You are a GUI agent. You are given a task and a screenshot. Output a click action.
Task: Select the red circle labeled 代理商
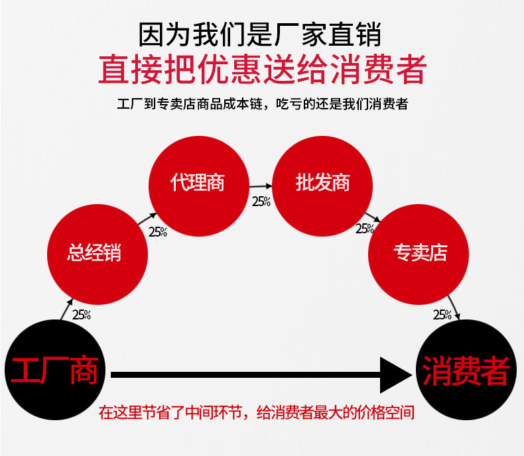(198, 183)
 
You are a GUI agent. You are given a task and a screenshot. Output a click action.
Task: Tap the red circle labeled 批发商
(322, 183)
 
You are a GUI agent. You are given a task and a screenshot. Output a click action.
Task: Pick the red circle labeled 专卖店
(420, 253)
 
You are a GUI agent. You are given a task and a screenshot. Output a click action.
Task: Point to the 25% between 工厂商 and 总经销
(82, 315)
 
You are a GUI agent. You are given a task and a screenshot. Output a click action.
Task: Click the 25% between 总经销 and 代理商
(157, 232)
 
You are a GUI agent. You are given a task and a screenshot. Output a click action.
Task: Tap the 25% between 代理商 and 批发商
(261, 201)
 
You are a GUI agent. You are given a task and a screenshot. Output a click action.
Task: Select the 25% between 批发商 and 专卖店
(365, 229)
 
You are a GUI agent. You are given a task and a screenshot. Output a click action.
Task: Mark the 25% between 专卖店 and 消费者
(442, 315)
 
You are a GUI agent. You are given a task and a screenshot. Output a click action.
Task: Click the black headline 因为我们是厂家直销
(261, 34)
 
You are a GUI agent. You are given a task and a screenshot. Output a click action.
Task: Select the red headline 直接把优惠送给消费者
(261, 68)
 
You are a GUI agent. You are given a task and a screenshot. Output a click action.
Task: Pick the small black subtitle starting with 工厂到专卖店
(261, 104)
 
